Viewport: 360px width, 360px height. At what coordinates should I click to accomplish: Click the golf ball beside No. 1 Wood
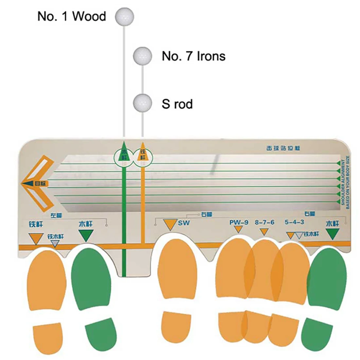pyautogui.click(x=124, y=16)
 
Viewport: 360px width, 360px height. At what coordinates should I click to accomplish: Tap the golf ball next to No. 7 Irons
pyautogui.click(x=142, y=56)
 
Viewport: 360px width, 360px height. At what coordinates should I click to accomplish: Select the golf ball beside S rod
pyautogui.click(x=142, y=103)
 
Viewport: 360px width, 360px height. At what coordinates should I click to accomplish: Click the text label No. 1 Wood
pyautogui.click(x=72, y=16)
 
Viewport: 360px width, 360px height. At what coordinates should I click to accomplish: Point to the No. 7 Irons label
pyautogui.click(x=193, y=56)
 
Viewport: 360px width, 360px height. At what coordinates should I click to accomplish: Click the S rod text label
pyautogui.click(x=177, y=104)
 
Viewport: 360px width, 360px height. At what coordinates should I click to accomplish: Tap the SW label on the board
pyautogui.click(x=184, y=223)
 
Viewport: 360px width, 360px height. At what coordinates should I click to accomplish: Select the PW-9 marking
pyautogui.click(x=239, y=222)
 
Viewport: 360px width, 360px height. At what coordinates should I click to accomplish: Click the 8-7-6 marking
pyautogui.click(x=264, y=222)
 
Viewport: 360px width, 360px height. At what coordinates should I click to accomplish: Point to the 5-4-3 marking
pyautogui.click(x=294, y=222)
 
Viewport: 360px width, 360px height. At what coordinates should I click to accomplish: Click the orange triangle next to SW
pyautogui.click(x=170, y=225)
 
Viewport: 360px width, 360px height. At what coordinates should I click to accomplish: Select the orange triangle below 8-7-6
pyautogui.click(x=264, y=232)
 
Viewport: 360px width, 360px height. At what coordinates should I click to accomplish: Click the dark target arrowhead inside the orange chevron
pyautogui.click(x=32, y=184)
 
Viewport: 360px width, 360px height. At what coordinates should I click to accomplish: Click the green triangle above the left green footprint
pyautogui.click(x=86, y=235)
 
